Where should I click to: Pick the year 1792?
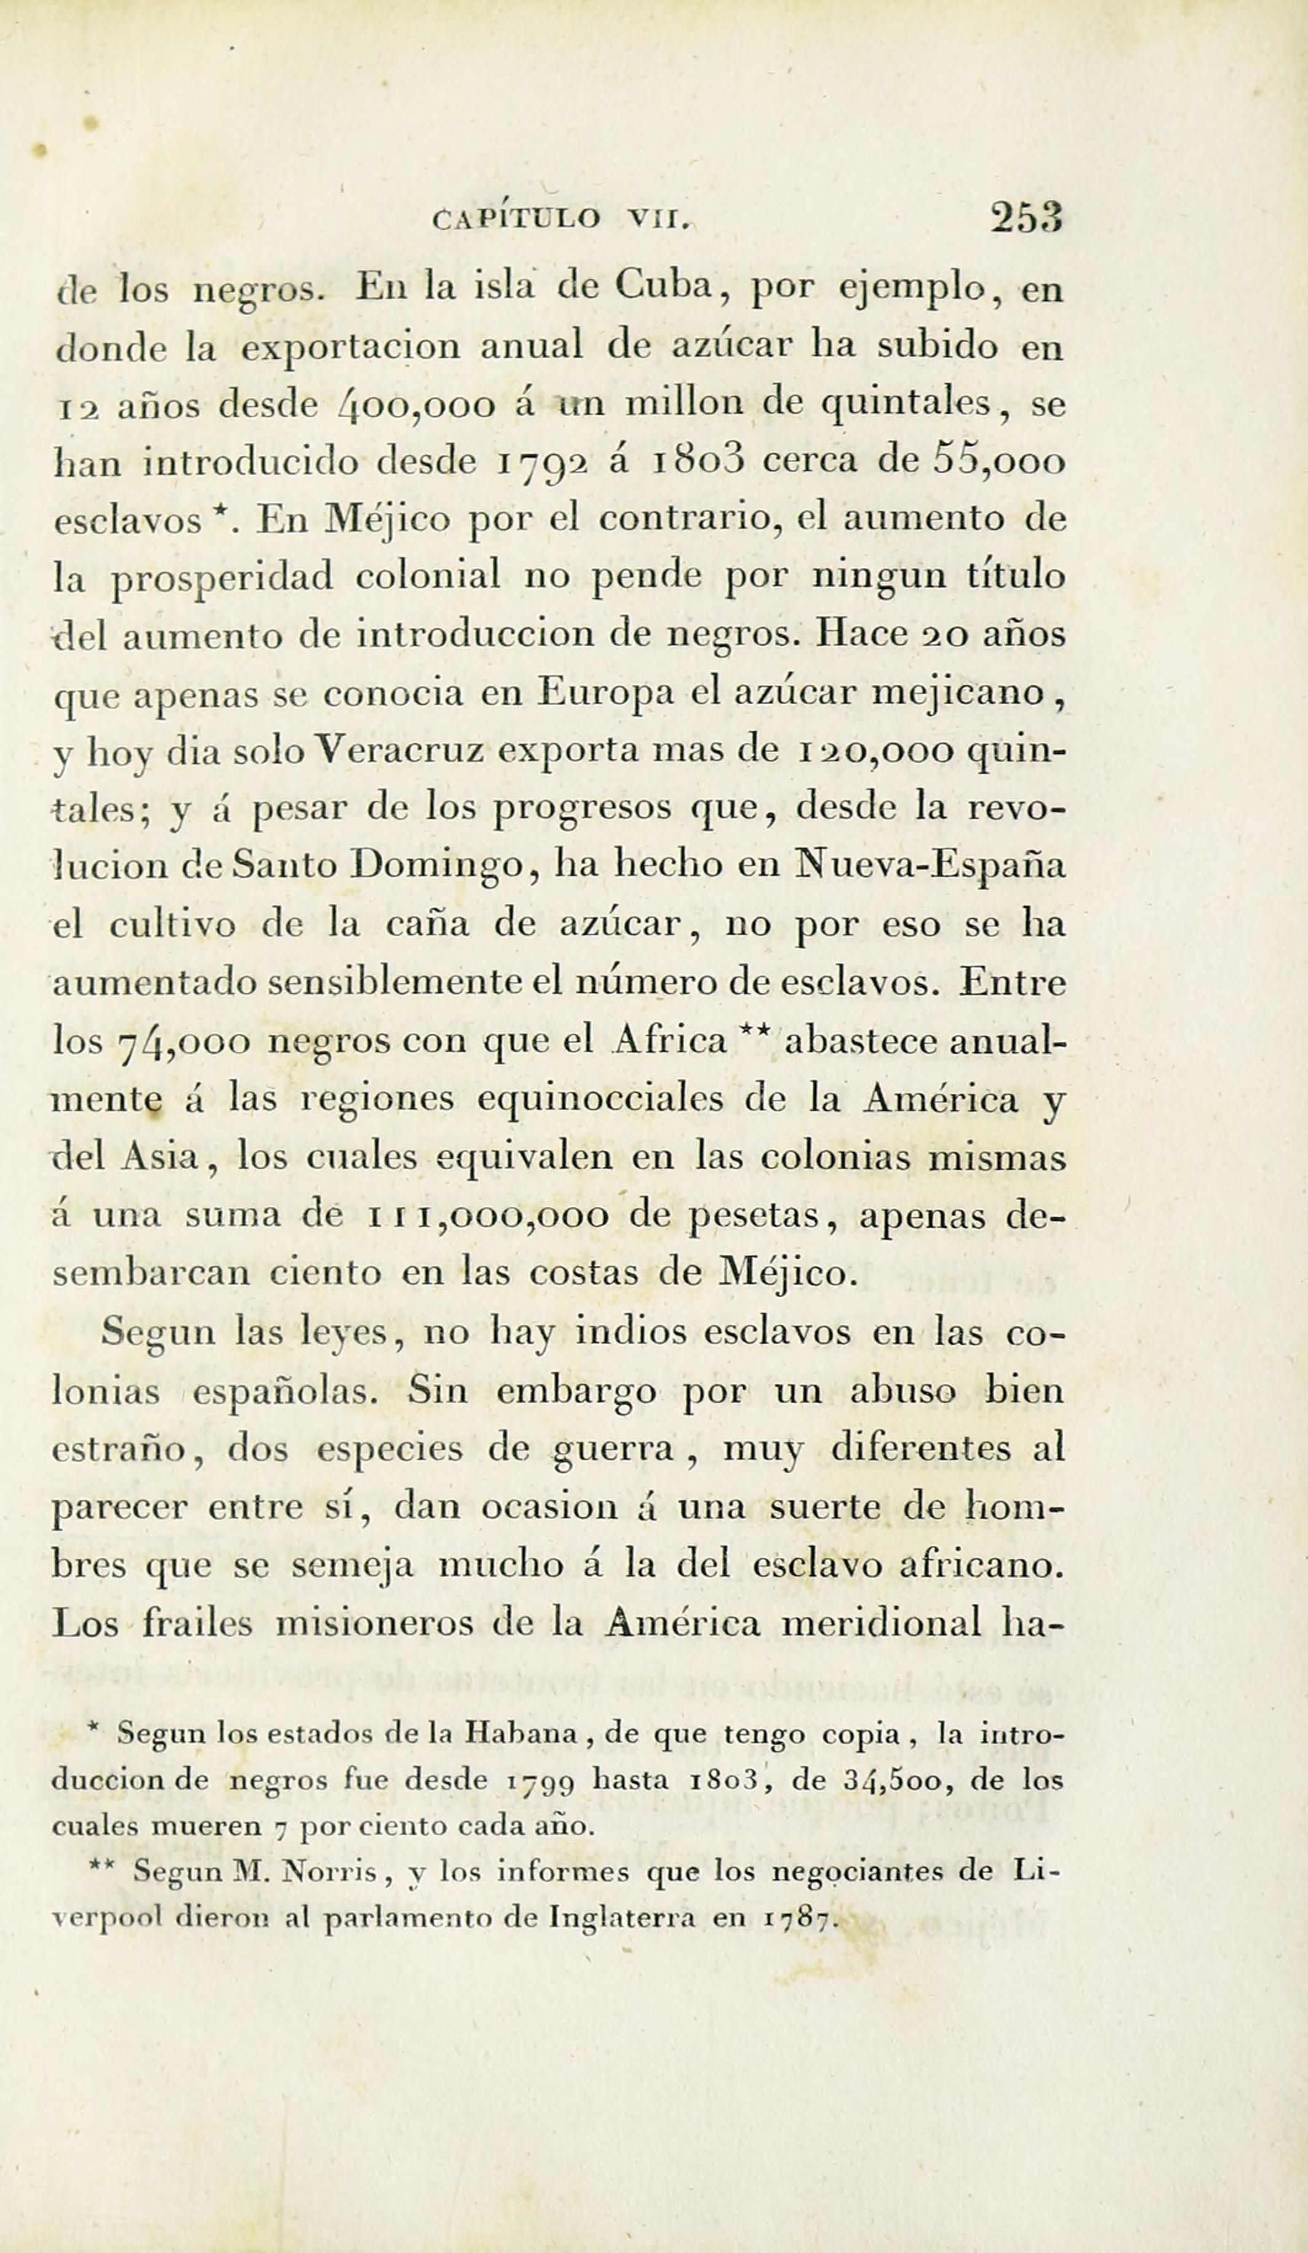coord(541,465)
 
